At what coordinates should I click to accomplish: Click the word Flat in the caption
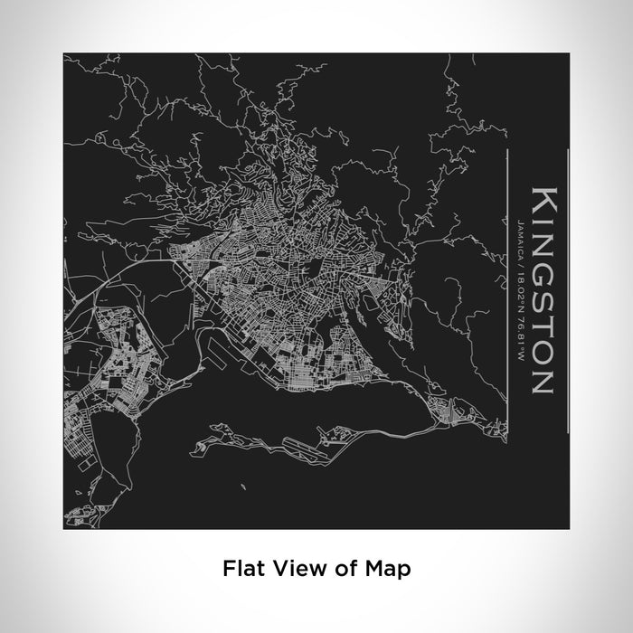pyautogui.click(x=242, y=569)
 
